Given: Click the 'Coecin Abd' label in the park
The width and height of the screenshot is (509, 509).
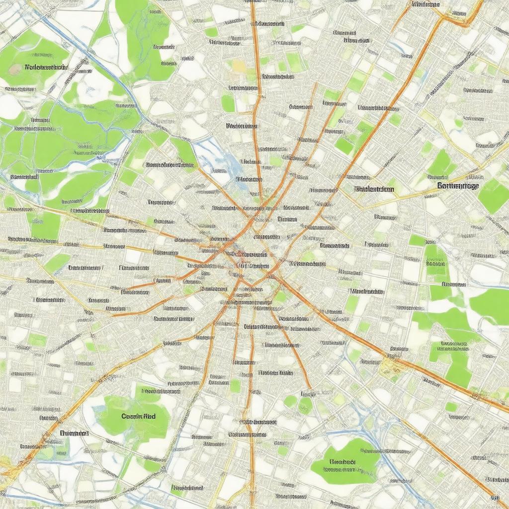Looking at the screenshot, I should point(138,416).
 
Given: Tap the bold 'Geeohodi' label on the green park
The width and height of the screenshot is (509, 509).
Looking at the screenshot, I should point(342,461).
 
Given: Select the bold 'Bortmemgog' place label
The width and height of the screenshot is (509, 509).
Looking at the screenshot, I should point(458,186).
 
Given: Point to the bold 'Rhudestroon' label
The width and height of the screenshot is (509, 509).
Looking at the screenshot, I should point(375,189).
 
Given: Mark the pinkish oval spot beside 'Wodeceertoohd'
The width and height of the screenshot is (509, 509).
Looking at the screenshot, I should point(15,69).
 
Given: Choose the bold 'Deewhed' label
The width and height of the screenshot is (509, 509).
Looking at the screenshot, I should point(74,433).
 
